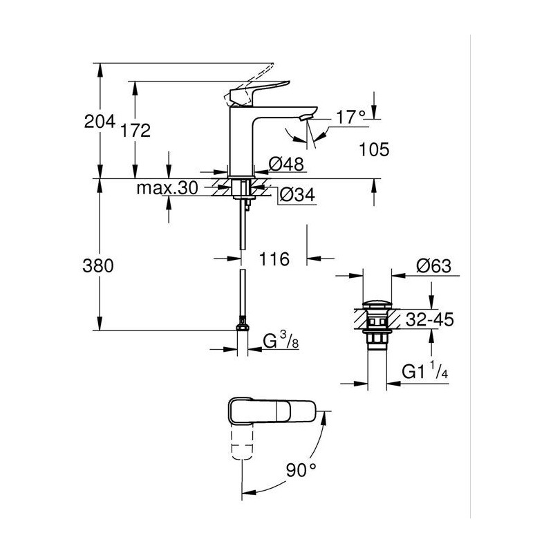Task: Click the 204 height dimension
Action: click(100, 122)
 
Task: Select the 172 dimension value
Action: click(135, 131)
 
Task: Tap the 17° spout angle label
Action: click(350, 117)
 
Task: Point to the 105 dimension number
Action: click(374, 149)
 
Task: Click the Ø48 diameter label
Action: click(286, 164)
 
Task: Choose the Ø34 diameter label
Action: click(297, 195)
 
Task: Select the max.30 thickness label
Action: click(167, 188)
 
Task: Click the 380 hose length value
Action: click(98, 265)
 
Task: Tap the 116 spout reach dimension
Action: click(274, 259)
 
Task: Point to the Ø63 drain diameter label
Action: click(433, 265)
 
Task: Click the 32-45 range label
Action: click(429, 319)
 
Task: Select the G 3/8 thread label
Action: click(281, 340)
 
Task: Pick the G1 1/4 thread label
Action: click(425, 371)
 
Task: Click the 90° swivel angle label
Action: click(301, 470)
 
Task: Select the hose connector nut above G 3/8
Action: click(242, 324)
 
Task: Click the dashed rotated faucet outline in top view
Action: click(242, 442)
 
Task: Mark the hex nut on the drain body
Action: click(377, 340)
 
